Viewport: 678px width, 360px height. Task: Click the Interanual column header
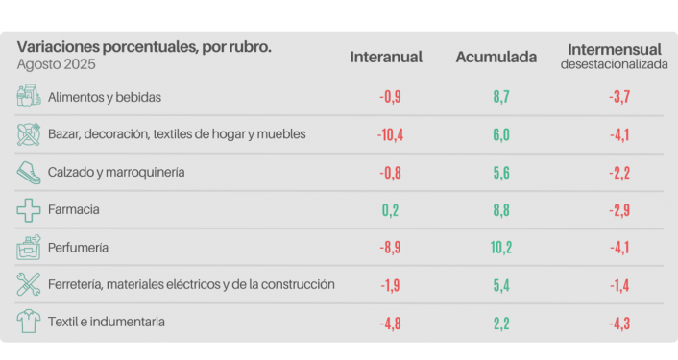pyautogui.click(x=386, y=58)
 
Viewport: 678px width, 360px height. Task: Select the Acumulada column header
pyautogui.click(x=496, y=58)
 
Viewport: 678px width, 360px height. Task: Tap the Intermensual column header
pyautogui.click(x=614, y=49)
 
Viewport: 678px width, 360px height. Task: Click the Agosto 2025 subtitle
pyautogui.click(x=57, y=64)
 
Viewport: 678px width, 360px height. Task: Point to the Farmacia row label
pyautogui.click(x=74, y=209)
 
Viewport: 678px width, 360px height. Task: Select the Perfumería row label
pyautogui.click(x=78, y=247)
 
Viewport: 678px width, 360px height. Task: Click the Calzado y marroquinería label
pyautogui.click(x=115, y=172)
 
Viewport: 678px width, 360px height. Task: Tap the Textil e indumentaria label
pyautogui.click(x=106, y=322)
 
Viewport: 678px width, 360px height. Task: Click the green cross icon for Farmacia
pyautogui.click(x=29, y=209)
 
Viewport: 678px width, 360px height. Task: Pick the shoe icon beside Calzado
pyautogui.click(x=29, y=172)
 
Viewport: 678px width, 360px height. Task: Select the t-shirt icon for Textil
pyautogui.click(x=29, y=322)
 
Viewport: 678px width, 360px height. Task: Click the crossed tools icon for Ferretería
pyautogui.click(x=29, y=284)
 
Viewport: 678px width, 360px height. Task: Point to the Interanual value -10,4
pyautogui.click(x=390, y=134)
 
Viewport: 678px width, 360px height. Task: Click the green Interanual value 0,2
pyautogui.click(x=390, y=209)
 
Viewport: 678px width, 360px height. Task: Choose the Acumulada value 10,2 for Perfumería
pyautogui.click(x=500, y=247)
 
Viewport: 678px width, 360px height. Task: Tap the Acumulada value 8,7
pyautogui.click(x=500, y=97)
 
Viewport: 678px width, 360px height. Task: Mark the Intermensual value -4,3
pyautogui.click(x=619, y=322)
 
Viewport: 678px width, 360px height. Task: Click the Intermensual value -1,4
pyautogui.click(x=619, y=284)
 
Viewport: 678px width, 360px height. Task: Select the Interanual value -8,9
pyautogui.click(x=390, y=247)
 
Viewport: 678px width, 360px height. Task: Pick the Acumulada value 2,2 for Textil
pyautogui.click(x=500, y=322)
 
